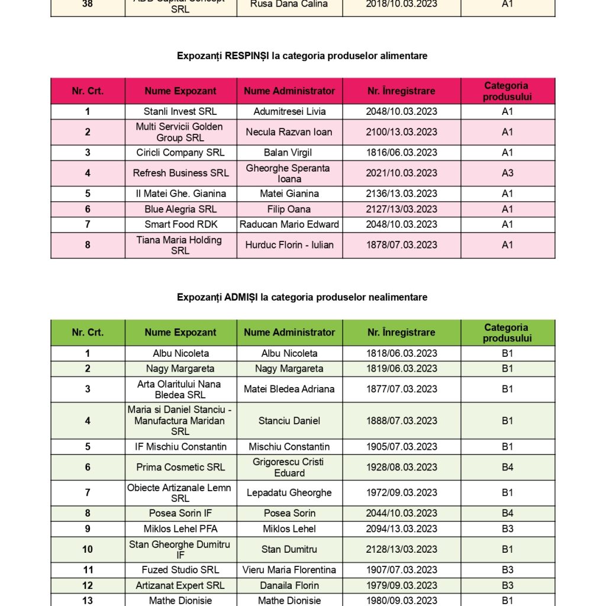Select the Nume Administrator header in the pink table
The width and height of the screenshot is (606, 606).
click(x=289, y=91)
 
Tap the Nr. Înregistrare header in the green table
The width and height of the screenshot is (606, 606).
click(x=401, y=333)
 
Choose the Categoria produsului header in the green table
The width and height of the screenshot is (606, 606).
click(x=507, y=333)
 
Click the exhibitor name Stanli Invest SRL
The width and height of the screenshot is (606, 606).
click(x=180, y=111)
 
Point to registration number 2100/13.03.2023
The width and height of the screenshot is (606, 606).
click(x=401, y=132)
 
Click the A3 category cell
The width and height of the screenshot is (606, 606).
click(x=507, y=173)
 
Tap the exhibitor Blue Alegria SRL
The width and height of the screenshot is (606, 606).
click(x=180, y=209)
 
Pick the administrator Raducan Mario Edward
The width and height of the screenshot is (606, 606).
click(x=289, y=224)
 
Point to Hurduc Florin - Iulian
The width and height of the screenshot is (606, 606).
click(x=289, y=245)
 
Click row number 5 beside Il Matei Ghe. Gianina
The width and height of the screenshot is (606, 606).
click(x=88, y=194)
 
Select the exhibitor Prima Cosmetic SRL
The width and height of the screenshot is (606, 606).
click(x=180, y=467)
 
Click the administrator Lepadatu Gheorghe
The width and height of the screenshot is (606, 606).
click(x=289, y=492)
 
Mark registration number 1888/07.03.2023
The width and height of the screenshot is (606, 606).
click(x=401, y=421)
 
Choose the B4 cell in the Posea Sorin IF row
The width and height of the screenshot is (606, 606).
click(x=507, y=513)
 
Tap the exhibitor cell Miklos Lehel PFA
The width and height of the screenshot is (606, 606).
click(x=180, y=528)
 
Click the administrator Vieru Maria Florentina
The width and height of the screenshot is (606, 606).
click(x=289, y=570)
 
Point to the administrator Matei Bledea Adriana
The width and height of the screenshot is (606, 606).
click(x=289, y=389)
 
